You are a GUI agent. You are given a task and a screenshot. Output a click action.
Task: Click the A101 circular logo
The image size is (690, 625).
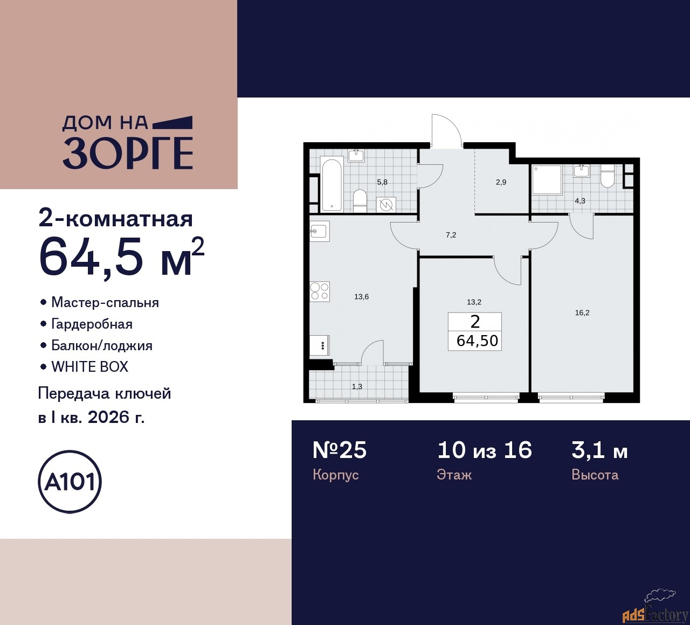(70, 481)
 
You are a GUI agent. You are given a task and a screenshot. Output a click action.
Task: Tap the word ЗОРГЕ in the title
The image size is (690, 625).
(128, 154)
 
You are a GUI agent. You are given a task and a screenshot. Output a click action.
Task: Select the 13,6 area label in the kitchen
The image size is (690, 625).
(362, 297)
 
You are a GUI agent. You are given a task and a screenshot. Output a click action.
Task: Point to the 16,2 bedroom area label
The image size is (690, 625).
(582, 313)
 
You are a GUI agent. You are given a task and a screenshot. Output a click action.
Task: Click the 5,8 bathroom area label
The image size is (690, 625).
(382, 182)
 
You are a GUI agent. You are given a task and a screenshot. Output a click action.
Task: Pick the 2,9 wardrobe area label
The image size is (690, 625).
(501, 182)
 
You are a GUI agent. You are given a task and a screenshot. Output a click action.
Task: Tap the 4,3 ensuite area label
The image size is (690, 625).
(579, 201)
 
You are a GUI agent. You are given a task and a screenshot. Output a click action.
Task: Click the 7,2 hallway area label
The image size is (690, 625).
(451, 235)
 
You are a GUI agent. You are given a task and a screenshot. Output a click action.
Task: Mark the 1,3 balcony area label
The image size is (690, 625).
(357, 386)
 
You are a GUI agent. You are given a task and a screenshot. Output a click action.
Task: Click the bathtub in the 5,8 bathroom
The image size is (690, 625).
(332, 184)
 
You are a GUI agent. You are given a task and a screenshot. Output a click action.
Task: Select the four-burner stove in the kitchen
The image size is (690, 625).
(320, 291)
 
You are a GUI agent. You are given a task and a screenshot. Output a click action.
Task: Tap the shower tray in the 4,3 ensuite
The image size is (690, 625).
(547, 180)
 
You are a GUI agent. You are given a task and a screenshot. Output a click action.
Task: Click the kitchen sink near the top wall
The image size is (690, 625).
(319, 231)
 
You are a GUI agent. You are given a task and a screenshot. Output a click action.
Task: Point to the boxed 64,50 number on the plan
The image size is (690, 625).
(477, 341)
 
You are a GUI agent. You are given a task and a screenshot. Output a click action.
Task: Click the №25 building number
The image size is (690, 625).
(340, 450)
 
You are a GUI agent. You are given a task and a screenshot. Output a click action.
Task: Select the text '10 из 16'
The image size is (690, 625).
(485, 450)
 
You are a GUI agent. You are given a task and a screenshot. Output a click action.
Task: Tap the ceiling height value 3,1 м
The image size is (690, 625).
(599, 450)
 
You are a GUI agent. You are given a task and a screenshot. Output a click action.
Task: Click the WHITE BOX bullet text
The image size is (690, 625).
(89, 367)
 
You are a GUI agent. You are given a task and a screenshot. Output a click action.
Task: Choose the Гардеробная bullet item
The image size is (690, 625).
(92, 324)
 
